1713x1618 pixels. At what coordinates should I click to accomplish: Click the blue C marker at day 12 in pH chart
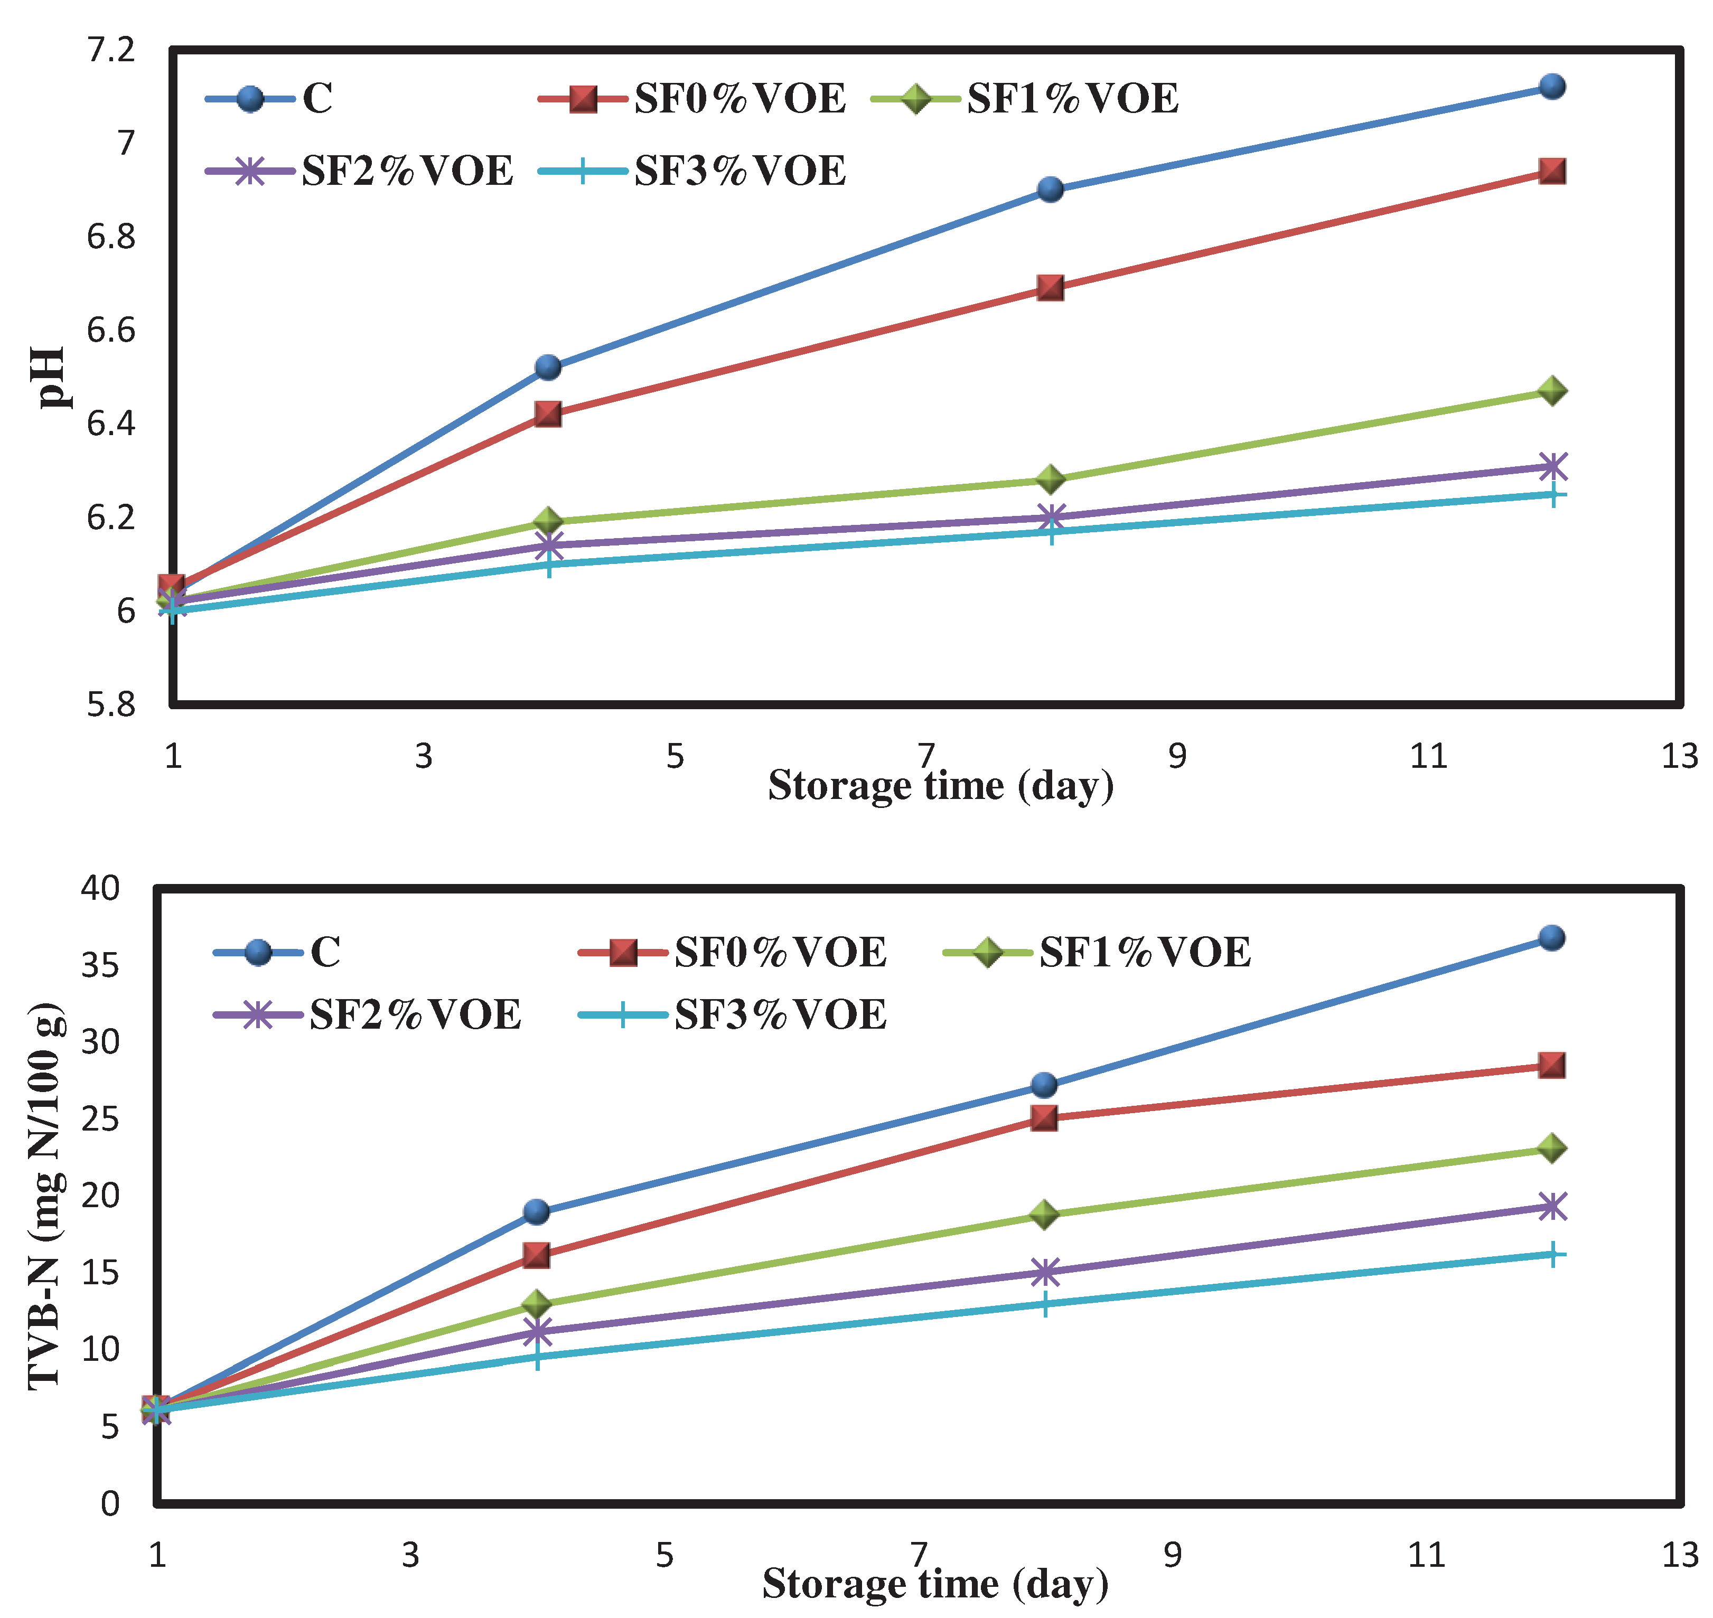click(1552, 86)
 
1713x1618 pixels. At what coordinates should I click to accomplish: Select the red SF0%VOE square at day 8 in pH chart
click(1050, 287)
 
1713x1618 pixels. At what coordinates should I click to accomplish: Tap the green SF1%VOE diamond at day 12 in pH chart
click(1552, 391)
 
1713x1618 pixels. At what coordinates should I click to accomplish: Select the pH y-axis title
click(52, 377)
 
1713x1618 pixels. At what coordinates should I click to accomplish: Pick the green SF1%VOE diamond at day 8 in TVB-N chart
click(1044, 1215)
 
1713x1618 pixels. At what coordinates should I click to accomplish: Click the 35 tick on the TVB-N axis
click(100, 965)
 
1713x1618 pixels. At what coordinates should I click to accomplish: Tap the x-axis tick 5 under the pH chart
click(675, 756)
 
